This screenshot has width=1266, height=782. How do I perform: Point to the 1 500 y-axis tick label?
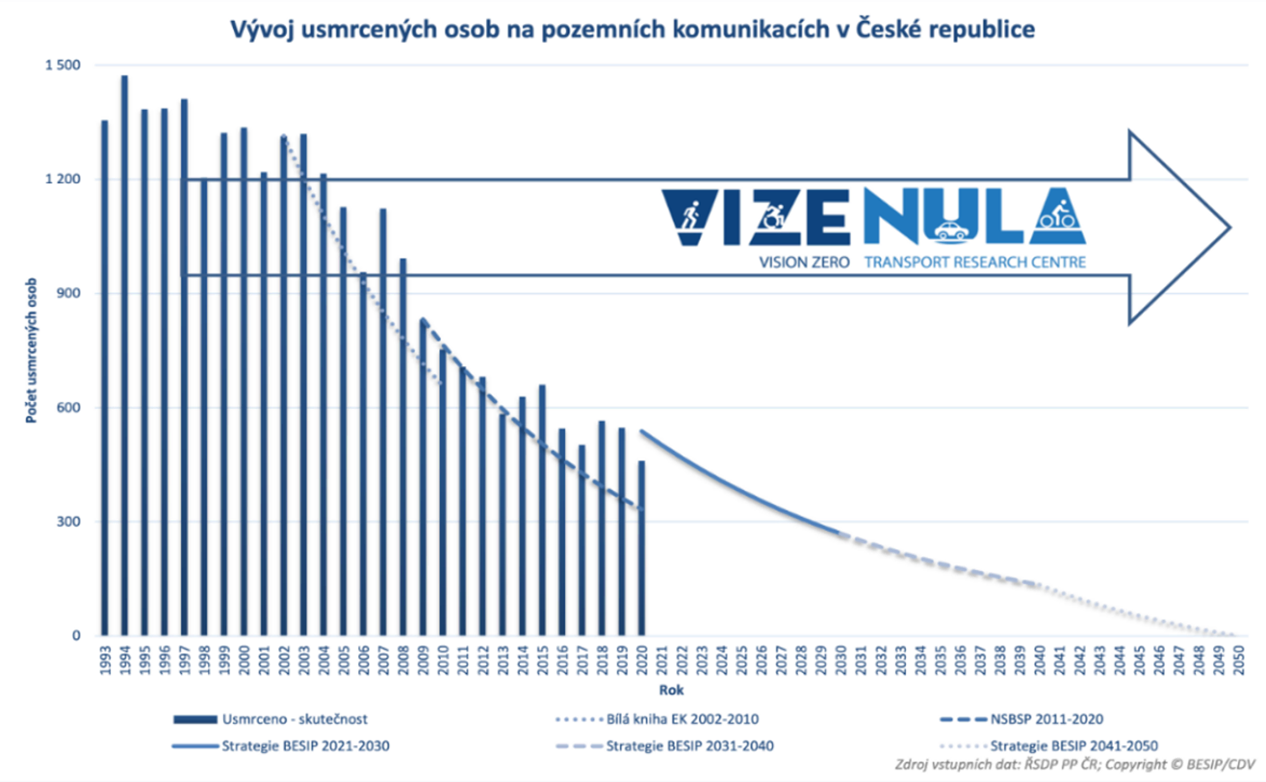click(63, 65)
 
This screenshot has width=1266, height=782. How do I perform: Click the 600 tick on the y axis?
click(68, 407)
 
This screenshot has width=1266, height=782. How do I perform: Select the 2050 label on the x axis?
click(1239, 660)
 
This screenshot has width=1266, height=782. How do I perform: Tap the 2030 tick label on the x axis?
click(841, 660)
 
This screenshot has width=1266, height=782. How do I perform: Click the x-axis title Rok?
click(671, 690)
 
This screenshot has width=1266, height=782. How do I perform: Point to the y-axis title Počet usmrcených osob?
click(31, 351)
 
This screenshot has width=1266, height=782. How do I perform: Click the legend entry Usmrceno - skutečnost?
click(294, 719)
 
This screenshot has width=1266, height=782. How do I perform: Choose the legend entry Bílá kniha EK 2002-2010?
click(682, 719)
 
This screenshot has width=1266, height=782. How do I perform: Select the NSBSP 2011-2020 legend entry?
click(1047, 719)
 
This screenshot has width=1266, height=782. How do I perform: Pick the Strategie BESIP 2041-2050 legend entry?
click(1074, 746)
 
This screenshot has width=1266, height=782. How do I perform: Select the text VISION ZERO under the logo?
click(804, 262)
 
